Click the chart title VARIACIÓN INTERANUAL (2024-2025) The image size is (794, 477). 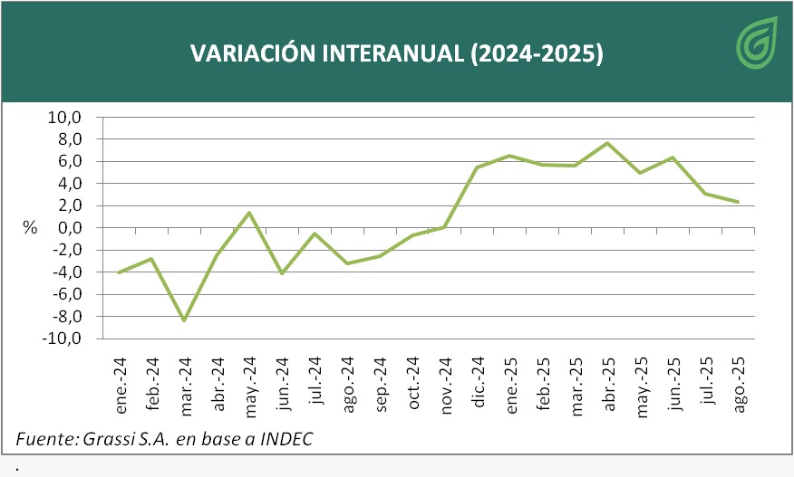tap(396, 53)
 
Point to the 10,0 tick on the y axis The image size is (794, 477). tap(64, 118)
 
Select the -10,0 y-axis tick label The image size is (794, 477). tap(62, 339)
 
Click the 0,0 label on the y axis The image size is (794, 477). tap(69, 228)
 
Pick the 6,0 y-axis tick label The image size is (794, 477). tap(69, 161)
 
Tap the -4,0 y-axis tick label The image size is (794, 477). tap(65, 272)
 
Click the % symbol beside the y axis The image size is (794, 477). tap(30, 228)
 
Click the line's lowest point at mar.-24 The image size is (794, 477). tap(185, 320)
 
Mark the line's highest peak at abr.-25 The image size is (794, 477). tap(607, 143)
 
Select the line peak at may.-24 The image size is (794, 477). tap(249, 213)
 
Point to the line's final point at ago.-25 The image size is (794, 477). tap(738, 202)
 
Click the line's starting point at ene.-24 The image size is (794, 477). tap(120, 272)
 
